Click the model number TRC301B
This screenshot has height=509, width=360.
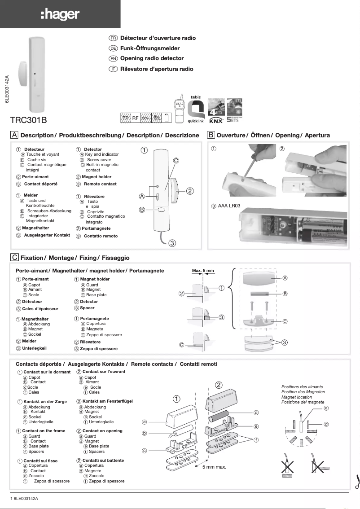pyautogui.click(x=28, y=120)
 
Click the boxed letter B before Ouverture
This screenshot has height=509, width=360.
pyautogui.click(x=211, y=135)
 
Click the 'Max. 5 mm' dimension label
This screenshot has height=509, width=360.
pyautogui.click(x=203, y=271)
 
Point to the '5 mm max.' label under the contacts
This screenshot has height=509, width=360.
pyautogui.click(x=214, y=467)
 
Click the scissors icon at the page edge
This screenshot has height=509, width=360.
pyautogui.click(x=357, y=482)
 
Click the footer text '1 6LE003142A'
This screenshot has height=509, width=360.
pyautogui.click(x=24, y=499)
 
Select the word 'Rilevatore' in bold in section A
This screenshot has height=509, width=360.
pyautogui.click(x=94, y=197)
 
